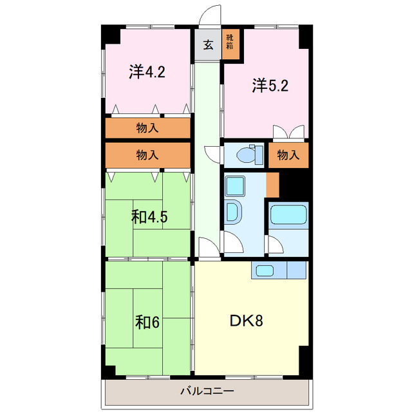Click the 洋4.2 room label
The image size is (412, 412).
[147, 71]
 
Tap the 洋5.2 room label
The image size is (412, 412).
[270, 86]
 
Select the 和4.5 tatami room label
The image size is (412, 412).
[149, 217]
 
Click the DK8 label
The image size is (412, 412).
[246, 321]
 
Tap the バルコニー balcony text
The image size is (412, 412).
[207, 391]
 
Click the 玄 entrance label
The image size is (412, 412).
[208, 45]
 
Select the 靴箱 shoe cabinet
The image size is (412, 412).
[230, 44]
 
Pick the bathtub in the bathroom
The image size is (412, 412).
[288, 214]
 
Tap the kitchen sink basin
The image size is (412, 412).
[265, 270]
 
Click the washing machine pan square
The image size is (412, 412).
[235, 186]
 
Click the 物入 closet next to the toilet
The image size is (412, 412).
[288, 155]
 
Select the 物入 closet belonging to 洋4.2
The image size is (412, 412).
[147, 128]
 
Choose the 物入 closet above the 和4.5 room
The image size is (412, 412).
[147, 154]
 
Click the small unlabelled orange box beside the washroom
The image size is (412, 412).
[272, 185]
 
